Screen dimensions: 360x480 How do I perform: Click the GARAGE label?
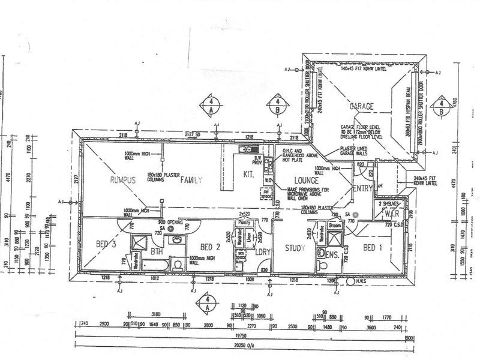pyautogui.click(x=362, y=106)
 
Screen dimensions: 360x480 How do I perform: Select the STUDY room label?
pyautogui.click(x=295, y=248)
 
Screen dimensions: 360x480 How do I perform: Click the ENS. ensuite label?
pyautogui.click(x=334, y=254)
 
